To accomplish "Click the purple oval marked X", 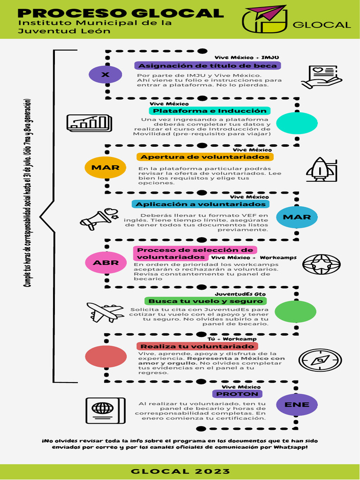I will tap(105, 75).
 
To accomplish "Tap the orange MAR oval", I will tap(105, 167).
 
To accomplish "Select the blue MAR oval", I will tap(297, 217).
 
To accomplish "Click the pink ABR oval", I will tap(105, 262).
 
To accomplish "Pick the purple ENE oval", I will tap(297, 405).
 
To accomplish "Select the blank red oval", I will tap(105, 356).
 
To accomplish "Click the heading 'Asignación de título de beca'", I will tap(208, 66).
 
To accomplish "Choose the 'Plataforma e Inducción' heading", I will tap(210, 111).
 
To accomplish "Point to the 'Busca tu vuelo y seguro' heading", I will tap(206, 301).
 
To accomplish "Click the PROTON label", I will tap(237, 394).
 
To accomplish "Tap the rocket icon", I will tap(321, 169).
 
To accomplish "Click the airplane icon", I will tap(105, 312).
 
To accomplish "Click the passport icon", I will tap(105, 411).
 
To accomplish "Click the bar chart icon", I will tap(89, 123).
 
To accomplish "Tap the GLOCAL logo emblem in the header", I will tap(264, 19).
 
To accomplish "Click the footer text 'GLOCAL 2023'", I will tap(180, 471).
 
